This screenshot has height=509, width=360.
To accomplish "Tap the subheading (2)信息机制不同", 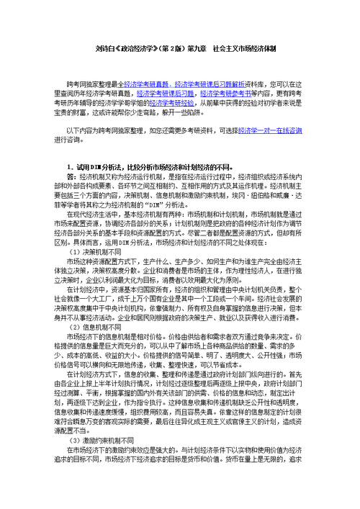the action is click(x=95, y=305).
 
